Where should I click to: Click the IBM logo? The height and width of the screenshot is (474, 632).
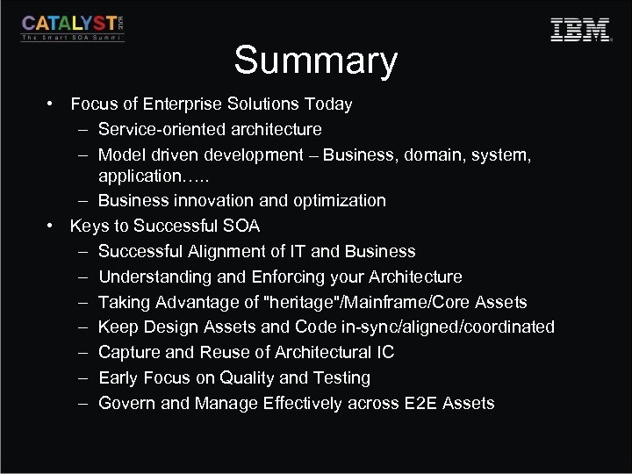(x=580, y=30)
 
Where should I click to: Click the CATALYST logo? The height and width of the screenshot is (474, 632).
(x=73, y=28)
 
